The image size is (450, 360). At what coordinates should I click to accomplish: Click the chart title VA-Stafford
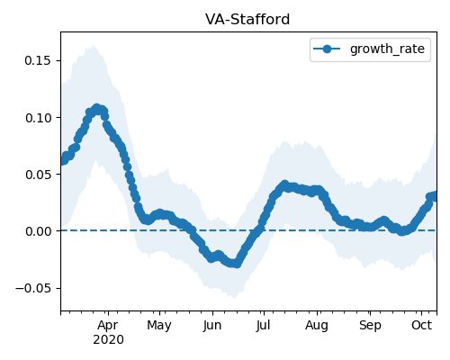pos(247,20)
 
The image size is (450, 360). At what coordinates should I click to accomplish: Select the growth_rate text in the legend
pos(387,49)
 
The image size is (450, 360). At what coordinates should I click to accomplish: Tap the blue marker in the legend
pos(327,49)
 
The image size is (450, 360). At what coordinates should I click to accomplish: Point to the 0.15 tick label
pos(38,60)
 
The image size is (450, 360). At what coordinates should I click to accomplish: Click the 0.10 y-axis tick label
pos(38,118)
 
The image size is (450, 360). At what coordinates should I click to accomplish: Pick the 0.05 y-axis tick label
pos(38,175)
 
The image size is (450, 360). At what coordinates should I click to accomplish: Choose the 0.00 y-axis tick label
pos(38,231)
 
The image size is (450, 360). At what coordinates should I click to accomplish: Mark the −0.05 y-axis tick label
pos(33,288)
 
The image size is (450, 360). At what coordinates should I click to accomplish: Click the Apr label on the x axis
pos(108,326)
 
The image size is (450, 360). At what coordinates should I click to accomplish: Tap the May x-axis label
pos(159,326)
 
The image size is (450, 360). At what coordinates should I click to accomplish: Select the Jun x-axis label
pos(212,326)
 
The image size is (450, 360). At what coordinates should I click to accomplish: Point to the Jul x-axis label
pos(264,326)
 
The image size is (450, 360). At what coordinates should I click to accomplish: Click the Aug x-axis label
pos(317,326)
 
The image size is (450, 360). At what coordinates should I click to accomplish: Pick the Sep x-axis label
pos(370,326)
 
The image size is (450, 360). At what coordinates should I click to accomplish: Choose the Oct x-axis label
pos(421,325)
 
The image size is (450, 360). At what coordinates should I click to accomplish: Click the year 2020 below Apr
pos(108,340)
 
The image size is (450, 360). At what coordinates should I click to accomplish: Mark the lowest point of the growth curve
pos(237,264)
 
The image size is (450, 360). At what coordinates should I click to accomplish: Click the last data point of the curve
pos(435,196)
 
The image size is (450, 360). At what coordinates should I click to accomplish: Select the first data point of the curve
pos(62,161)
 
